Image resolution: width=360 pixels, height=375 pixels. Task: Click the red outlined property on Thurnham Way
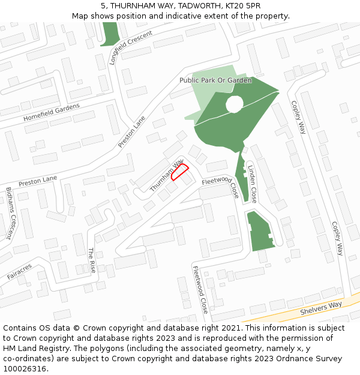[x=180, y=172]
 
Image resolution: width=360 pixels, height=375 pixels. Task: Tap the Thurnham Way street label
[x=166, y=176]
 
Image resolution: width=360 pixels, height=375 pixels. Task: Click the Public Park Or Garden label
[x=215, y=80]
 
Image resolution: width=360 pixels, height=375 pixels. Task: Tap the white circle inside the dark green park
[x=234, y=105]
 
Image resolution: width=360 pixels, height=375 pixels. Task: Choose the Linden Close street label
[x=252, y=182]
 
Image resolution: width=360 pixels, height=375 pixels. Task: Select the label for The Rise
[x=92, y=260]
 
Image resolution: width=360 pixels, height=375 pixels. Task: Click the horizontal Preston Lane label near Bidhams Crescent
[x=37, y=179]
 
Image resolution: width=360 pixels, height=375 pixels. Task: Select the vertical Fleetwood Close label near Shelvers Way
[x=200, y=289]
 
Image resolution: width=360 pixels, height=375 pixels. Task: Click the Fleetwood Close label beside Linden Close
[x=220, y=188]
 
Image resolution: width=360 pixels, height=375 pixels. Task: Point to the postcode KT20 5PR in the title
[x=244, y=6]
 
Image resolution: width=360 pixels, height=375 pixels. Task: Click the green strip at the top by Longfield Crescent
[x=110, y=34]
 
